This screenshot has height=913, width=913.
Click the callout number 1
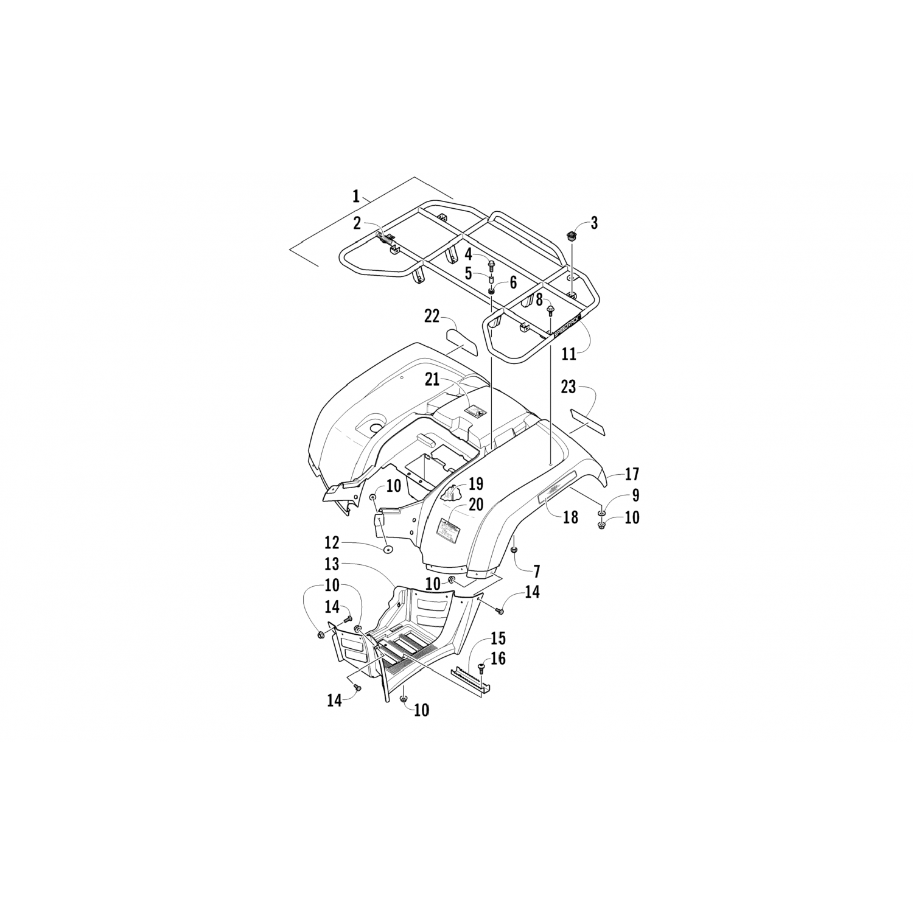(355, 196)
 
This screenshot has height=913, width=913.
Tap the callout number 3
(594, 223)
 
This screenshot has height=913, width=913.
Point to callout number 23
(568, 387)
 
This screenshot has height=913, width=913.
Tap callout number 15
(498, 638)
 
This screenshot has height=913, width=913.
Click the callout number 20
(475, 505)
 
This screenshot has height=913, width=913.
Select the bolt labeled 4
(491, 264)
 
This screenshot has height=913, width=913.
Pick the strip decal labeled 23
(587, 423)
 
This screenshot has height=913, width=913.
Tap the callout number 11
(568, 354)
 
